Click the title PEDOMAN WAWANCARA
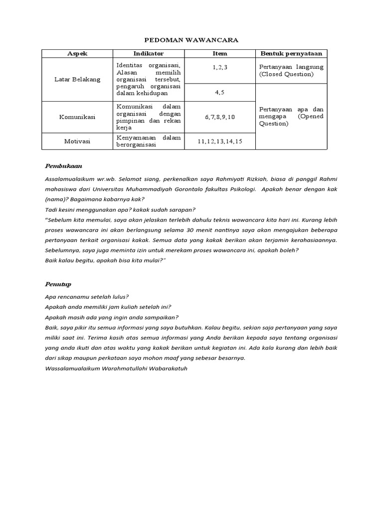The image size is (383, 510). point(191,40)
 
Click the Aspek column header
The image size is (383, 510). point(77,54)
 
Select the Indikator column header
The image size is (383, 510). point(148,54)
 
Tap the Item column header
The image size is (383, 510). point(219,54)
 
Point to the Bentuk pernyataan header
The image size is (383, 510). point(291,54)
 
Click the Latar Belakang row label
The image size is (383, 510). point(77,80)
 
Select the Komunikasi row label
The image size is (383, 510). point(77,117)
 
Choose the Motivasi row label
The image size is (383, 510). point(77,141)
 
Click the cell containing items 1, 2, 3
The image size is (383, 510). point(219,67)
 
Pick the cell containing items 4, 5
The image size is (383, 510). point(219,92)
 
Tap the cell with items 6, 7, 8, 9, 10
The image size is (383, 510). point(219,117)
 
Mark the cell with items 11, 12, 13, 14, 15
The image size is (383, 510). point(219,141)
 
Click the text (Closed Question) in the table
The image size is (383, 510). point(286,74)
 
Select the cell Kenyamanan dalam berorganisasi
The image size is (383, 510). point(148,141)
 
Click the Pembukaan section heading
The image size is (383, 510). point(64,165)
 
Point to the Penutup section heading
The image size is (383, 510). point(58,284)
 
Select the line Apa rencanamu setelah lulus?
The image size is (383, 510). point(87,297)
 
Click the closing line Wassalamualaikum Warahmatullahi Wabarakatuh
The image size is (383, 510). point(116,369)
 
